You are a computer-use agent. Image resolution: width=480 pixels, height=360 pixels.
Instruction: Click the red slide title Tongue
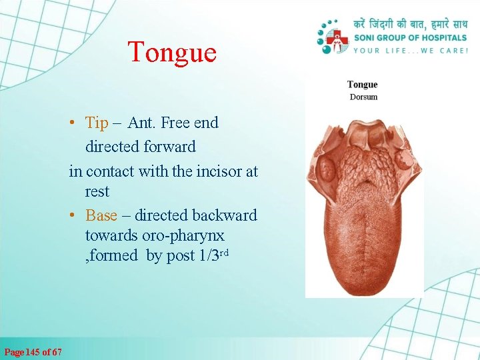172,52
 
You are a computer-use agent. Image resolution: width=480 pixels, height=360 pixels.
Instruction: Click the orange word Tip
97,123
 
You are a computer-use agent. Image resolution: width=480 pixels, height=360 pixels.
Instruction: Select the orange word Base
101,215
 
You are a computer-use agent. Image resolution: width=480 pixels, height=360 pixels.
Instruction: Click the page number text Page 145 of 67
33,351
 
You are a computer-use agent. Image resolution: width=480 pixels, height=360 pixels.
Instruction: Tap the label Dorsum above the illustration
363,97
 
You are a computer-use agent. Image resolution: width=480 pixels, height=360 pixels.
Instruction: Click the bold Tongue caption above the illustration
363,85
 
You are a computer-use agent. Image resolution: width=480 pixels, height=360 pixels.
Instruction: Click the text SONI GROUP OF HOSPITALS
411,37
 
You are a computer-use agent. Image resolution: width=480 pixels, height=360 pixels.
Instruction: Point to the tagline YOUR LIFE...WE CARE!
411,50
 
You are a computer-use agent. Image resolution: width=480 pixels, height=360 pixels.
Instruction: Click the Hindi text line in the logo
411,23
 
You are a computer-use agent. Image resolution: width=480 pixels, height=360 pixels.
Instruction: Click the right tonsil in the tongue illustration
403,161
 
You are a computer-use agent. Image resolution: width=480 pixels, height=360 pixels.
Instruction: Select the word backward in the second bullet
224,215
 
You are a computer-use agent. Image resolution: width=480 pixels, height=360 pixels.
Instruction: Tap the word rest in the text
97,192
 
